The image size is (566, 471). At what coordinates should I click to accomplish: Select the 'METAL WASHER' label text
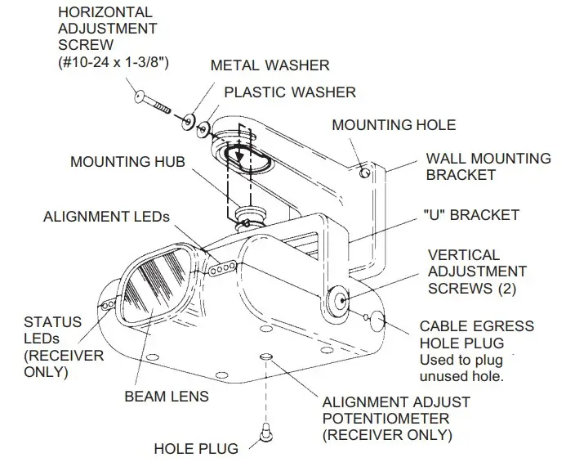pyautogui.click(x=270, y=65)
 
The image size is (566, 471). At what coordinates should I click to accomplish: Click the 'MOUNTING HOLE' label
pyautogui.click(x=394, y=125)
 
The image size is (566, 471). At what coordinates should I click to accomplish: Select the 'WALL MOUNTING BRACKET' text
pyautogui.click(x=488, y=166)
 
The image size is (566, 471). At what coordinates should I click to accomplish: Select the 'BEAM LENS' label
pyautogui.click(x=167, y=397)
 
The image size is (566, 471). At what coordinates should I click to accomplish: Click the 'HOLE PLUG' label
pyautogui.click(x=196, y=448)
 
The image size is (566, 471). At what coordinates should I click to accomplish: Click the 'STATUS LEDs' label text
pyautogui.click(x=54, y=330)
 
